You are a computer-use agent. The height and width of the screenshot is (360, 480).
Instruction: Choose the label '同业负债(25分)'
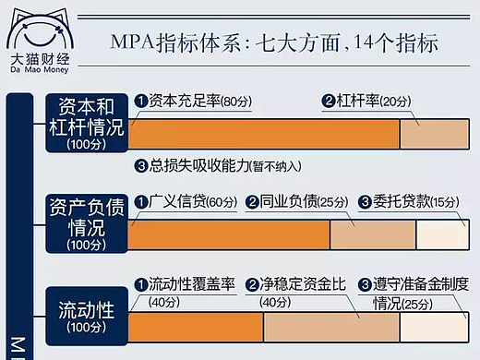(295, 201)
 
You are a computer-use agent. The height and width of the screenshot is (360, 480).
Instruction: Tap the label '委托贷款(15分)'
(411, 201)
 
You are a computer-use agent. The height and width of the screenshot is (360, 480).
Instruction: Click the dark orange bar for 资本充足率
(263, 134)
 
